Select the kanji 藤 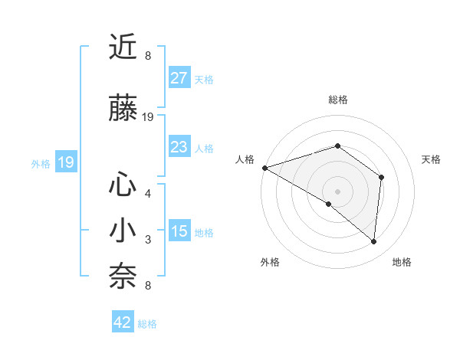click(x=123, y=109)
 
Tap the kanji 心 click(x=123, y=185)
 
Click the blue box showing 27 click(x=179, y=78)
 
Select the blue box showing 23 click(x=179, y=147)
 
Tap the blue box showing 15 click(x=179, y=231)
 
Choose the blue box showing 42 click(x=123, y=322)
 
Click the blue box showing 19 click(x=66, y=162)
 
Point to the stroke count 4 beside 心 click(x=148, y=193)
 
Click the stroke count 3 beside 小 click(x=148, y=241)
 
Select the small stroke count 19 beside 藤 click(x=148, y=117)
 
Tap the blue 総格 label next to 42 click(x=147, y=324)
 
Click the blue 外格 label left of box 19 click(x=41, y=163)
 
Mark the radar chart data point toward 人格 click(x=264, y=167)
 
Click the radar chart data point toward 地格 click(x=374, y=241)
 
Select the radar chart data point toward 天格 click(x=381, y=177)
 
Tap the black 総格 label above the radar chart click(x=337, y=100)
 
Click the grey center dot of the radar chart click(x=337, y=191)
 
